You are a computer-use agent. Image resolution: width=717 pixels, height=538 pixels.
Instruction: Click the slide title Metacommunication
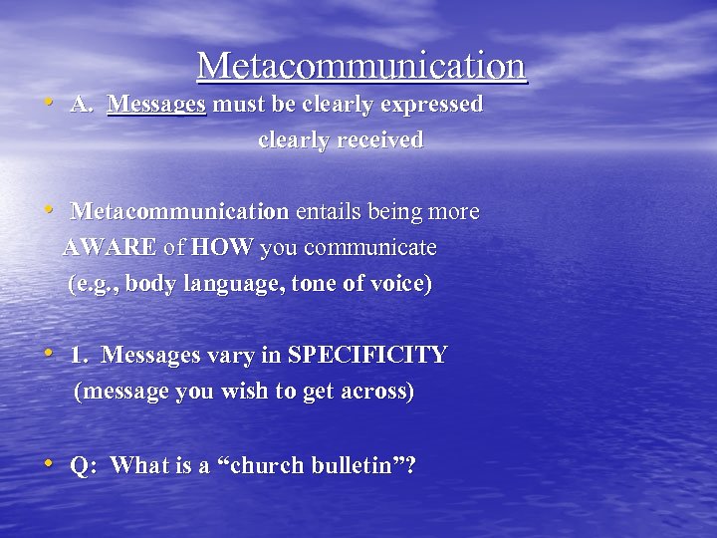(360, 66)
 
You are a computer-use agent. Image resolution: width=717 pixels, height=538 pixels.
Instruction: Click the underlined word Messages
(156, 105)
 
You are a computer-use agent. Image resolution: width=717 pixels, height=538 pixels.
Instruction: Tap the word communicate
(369, 248)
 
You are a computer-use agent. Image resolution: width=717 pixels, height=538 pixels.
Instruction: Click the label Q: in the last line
(83, 465)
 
